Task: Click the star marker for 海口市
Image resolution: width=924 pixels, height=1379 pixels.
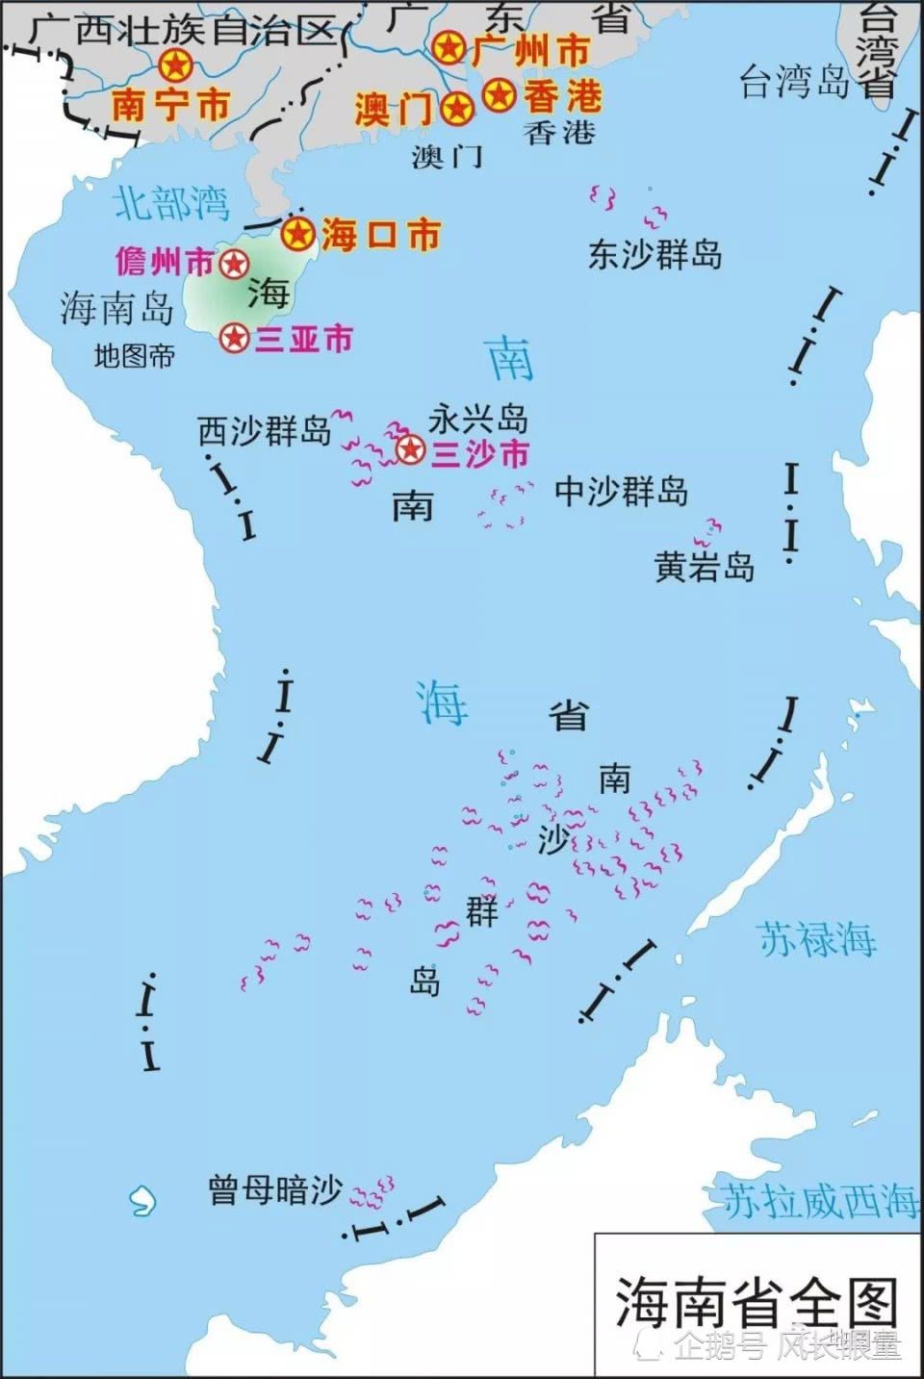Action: [x=298, y=232]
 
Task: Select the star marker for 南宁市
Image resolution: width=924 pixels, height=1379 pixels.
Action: [x=176, y=65]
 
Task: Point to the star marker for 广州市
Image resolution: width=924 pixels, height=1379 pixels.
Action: [x=448, y=47]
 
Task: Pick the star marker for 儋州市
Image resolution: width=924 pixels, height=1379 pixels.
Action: [x=233, y=264]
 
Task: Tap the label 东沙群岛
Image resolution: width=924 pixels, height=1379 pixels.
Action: [x=654, y=255]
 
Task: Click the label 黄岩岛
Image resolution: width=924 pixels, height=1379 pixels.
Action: [x=704, y=567]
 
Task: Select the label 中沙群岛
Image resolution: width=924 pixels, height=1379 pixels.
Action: [x=621, y=492]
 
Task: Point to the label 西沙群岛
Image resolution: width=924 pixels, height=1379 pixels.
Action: [x=264, y=430]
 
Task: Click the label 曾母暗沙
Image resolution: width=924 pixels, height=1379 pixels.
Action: [x=275, y=1190]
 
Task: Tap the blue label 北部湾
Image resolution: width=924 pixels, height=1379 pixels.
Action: [x=171, y=203]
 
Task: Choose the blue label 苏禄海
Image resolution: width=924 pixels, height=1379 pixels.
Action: [x=816, y=939]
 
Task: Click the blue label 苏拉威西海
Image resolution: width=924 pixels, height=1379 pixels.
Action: [x=820, y=1201]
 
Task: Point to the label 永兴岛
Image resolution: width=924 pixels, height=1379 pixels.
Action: [x=478, y=420]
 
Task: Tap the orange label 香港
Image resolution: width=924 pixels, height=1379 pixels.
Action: [x=563, y=95]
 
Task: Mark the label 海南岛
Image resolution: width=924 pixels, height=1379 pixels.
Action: [x=116, y=308]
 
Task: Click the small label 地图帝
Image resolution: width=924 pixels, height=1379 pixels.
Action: [x=134, y=356]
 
